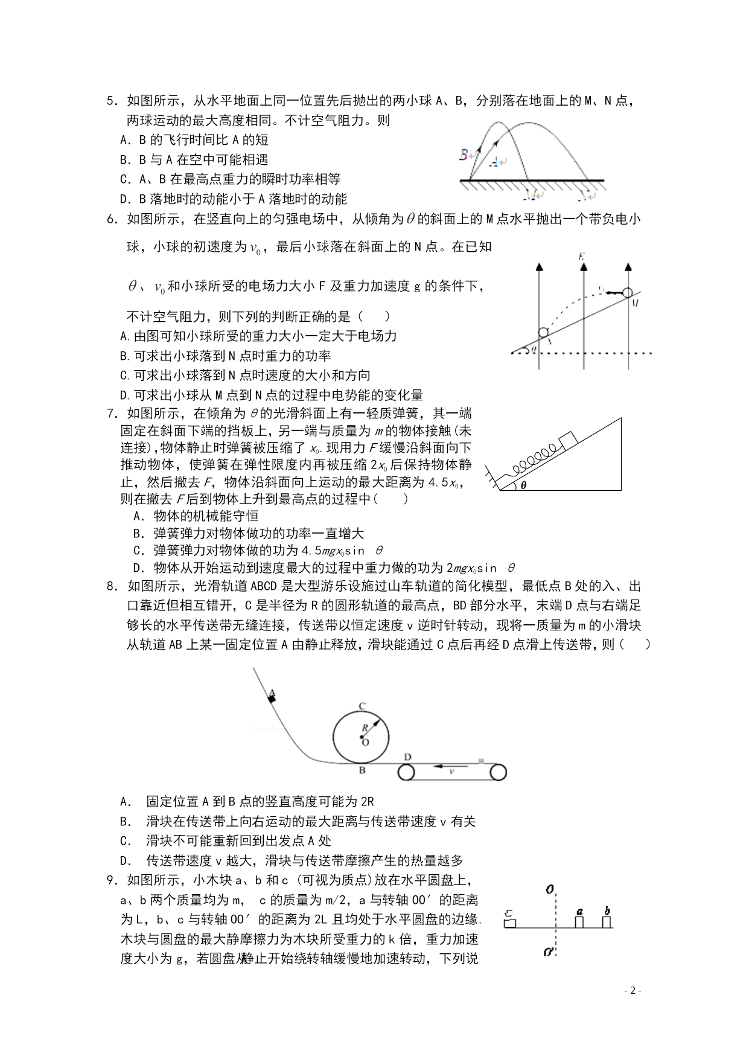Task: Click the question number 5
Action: [110, 101]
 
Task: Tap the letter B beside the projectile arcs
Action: [464, 155]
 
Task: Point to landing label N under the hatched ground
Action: [584, 195]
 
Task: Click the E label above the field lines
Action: [581, 257]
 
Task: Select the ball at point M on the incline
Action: [628, 293]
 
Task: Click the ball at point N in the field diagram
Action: [543, 332]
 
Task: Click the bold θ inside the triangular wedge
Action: [524, 484]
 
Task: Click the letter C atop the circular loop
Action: [362, 706]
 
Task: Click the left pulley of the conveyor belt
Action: [406, 772]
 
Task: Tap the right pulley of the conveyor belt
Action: [498, 772]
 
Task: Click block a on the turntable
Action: [579, 921]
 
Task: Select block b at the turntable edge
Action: [607, 921]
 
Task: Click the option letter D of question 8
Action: [126, 860]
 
